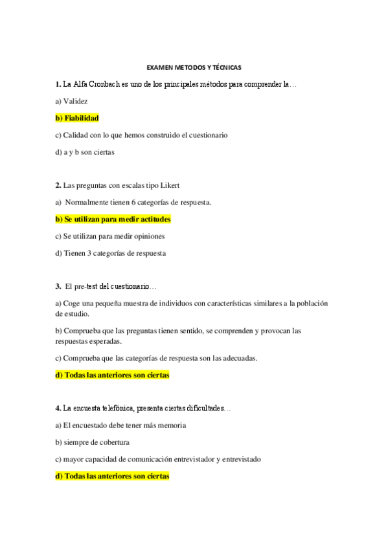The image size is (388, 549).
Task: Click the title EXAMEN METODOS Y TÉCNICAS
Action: pyautogui.click(x=194, y=67)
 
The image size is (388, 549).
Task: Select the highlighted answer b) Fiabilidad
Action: pyautogui.click(x=81, y=118)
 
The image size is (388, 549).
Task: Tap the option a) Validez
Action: pyautogui.click(x=71, y=101)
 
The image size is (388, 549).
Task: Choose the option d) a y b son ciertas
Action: pyautogui.click(x=84, y=152)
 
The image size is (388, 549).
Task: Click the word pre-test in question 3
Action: pyautogui.click(x=89, y=286)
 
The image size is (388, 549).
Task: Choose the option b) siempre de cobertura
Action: pyautogui.click(x=92, y=442)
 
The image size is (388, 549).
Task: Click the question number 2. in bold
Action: pyautogui.click(x=58, y=185)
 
